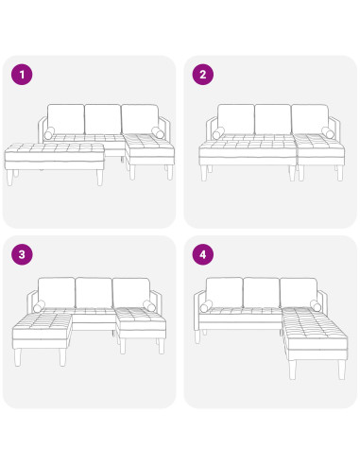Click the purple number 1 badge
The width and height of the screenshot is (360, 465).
point(21,75)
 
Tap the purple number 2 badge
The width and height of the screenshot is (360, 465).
point(201,75)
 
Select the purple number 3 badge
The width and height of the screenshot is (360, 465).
point(21,254)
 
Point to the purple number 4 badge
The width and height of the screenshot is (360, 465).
point(201,254)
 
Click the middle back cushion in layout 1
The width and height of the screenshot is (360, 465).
point(102,118)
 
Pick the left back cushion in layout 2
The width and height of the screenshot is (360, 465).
point(235,118)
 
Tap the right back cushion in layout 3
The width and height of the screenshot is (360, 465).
point(130,292)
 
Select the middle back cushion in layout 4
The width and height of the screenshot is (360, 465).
point(262,292)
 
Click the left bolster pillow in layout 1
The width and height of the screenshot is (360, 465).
point(50,133)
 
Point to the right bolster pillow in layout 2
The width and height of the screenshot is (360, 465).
point(327,133)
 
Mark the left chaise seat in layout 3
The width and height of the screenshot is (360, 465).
point(42,328)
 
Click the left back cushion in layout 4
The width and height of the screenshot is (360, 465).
point(225,292)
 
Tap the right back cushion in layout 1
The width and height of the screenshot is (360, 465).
point(139,118)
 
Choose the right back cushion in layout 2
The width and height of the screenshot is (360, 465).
point(309,118)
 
